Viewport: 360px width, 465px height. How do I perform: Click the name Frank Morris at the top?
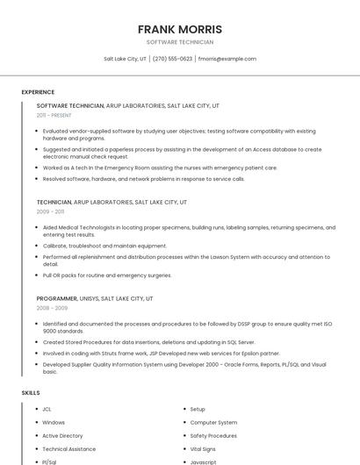pos(180,29)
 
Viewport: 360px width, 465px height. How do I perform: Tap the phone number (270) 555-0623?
pos(172,59)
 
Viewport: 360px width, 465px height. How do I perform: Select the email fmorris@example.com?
pos(227,59)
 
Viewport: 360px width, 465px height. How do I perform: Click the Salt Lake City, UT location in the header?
pos(125,59)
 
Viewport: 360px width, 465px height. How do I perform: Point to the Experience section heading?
pos(38,92)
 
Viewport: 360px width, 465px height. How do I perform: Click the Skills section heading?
pos(31,392)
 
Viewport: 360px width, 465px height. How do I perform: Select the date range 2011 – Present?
pos(54,115)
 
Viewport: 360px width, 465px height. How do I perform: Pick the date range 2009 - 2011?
pos(50,211)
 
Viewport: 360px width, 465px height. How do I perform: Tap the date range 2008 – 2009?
pos(52,308)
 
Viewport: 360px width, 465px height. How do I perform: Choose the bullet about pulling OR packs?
pos(107,275)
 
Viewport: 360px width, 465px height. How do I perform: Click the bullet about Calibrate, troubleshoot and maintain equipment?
pos(104,246)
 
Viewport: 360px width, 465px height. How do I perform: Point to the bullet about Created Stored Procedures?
pos(148,342)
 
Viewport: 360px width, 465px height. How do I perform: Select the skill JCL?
pos(47,409)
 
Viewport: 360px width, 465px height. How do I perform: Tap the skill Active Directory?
pos(62,435)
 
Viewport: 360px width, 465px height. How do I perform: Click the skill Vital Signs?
pos(204,448)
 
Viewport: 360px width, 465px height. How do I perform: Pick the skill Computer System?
pos(213,422)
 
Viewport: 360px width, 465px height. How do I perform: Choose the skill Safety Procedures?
pos(213,435)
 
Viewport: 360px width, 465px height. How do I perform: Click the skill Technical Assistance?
pos(69,448)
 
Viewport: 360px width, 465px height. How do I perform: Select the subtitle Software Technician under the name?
pos(180,42)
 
